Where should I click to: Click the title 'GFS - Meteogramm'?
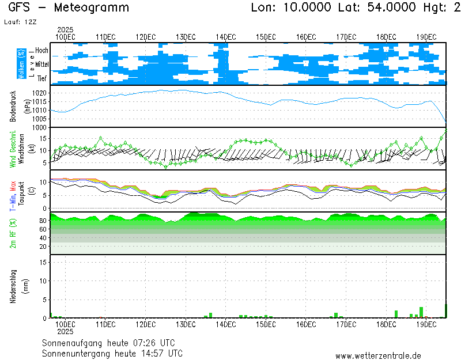pos(69,8)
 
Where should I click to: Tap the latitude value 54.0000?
pos(385,8)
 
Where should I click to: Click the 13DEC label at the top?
pos(186,37)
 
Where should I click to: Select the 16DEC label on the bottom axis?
pos(306,325)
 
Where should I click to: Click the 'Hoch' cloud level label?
pos(41,51)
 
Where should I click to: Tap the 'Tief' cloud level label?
pos(42,78)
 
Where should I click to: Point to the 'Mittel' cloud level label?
pos(41,65)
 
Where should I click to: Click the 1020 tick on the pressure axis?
pos(39,93)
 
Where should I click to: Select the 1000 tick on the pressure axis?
pos(39,127)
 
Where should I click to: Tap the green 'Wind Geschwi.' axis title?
pos(13,149)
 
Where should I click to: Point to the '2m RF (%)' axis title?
pos(13,233)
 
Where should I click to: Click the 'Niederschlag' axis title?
pos(13,286)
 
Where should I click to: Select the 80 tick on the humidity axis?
pos(43,221)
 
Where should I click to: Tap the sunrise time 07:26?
pos(141,343)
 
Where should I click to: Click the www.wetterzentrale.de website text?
pos(378,356)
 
